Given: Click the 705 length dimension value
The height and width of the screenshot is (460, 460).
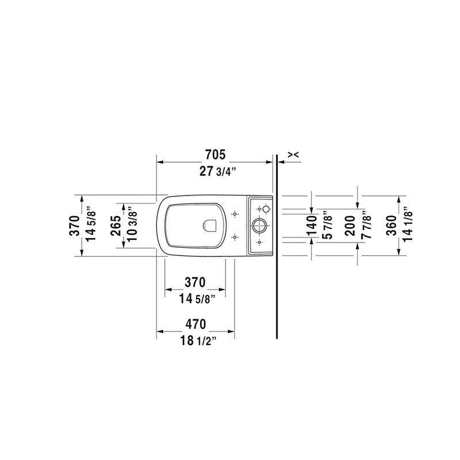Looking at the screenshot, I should point(215,155).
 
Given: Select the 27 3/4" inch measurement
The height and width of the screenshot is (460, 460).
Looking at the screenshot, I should point(215,170).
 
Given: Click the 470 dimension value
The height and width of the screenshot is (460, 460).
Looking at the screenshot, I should point(195,324).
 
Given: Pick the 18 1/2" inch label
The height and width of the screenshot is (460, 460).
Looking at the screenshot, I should point(195,340).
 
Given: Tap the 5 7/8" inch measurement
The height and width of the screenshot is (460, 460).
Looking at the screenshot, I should point(328,225).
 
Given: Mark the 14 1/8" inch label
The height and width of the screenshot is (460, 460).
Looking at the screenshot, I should point(408,225).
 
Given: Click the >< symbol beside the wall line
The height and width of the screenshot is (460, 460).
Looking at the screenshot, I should point(293,154).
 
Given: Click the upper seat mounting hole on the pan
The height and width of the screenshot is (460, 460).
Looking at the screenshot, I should point(234,214).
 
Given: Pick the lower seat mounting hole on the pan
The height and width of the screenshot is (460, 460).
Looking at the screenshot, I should point(234,236).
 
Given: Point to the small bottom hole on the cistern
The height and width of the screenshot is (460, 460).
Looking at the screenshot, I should point(259,243).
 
